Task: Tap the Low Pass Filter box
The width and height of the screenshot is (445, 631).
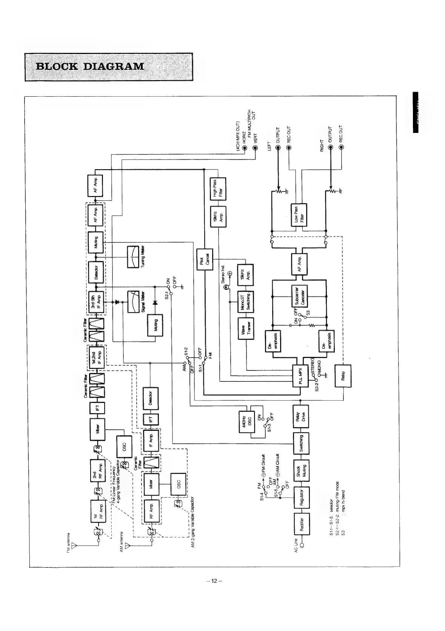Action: tap(299, 215)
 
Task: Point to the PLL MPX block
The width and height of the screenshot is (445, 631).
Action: tap(301, 375)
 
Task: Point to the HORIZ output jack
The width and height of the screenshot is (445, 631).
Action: tap(245, 148)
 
